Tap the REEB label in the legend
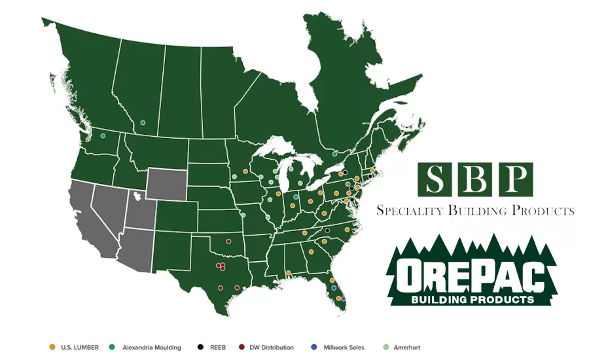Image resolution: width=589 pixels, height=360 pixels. [x=230, y=347]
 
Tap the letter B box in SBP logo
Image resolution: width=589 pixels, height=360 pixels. [x=476, y=179]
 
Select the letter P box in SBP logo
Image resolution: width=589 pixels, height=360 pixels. [x=515, y=179]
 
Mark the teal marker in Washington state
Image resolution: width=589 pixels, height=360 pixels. [x=103, y=135]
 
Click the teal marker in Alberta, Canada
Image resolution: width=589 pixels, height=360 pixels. [x=143, y=122]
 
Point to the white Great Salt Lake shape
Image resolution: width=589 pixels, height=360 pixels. [x=137, y=195]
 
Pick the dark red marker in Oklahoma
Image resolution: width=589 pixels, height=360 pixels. [x=228, y=241]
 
